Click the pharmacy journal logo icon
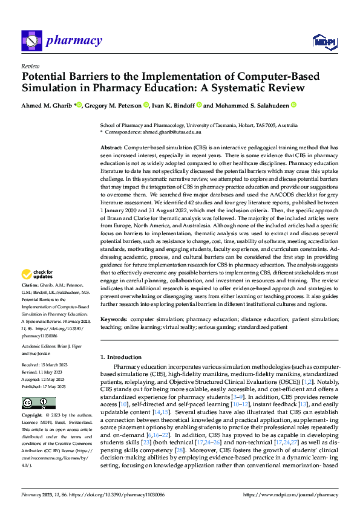point(30,41)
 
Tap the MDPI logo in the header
point(324,41)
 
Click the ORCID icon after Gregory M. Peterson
point(146,105)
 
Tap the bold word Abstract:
point(111,148)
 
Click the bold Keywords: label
point(113,318)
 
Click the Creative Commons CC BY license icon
point(35,403)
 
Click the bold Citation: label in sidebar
point(30,284)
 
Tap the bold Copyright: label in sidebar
point(33,416)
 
